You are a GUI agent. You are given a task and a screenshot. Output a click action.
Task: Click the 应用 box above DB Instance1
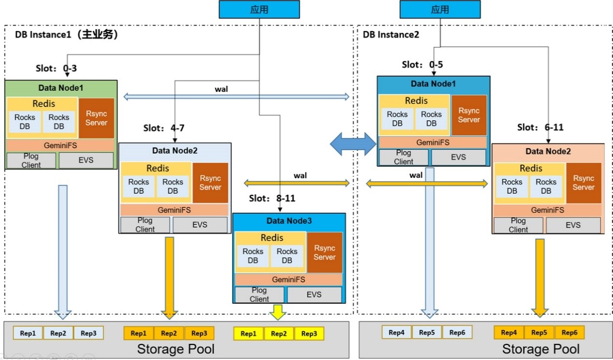tap(260, 10)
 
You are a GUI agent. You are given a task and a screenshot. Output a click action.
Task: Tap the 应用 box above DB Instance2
tap(440, 10)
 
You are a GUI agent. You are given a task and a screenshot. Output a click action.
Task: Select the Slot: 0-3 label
tap(56, 68)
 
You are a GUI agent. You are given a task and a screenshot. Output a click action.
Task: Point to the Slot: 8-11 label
tap(272, 198)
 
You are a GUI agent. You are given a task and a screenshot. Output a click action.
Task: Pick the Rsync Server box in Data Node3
tap(324, 252)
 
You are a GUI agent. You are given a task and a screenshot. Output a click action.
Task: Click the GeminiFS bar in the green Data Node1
tap(60, 144)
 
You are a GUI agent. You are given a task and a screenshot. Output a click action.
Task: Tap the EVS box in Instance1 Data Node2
tap(200, 225)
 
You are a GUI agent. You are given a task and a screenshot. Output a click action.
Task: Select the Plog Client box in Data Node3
tap(259, 295)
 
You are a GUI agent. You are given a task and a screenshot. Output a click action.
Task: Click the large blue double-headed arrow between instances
tap(353, 143)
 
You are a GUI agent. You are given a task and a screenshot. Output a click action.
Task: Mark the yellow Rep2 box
tap(278, 334)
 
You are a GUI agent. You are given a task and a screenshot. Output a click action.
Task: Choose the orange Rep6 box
tap(569, 332)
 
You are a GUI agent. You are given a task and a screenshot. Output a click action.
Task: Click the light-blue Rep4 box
tap(397, 332)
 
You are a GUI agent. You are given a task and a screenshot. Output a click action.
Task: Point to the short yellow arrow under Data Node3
tap(277, 313)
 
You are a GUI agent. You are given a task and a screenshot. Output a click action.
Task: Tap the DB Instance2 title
tap(391, 34)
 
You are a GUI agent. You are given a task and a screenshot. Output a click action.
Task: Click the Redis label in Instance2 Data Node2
tap(531, 168)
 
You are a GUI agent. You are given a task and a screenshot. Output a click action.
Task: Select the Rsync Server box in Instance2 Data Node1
tap(469, 115)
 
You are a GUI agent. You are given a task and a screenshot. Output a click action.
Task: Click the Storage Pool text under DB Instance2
tap(540, 349)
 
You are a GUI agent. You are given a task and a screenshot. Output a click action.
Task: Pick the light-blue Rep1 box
tap(28, 333)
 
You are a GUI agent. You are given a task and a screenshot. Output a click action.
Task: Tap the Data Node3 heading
tap(289, 221)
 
